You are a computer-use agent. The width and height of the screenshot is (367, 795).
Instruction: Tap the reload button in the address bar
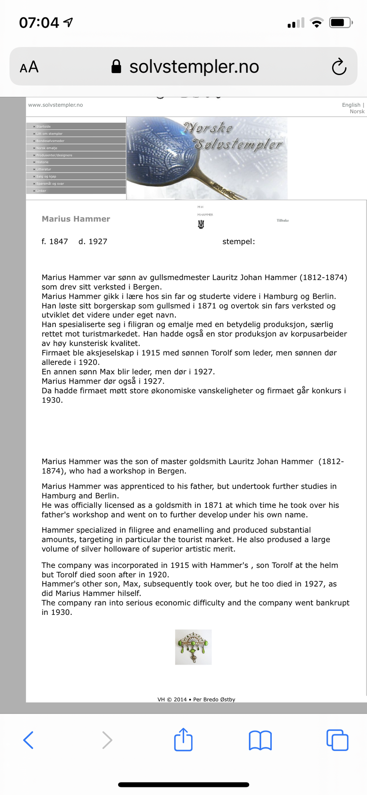[339, 67]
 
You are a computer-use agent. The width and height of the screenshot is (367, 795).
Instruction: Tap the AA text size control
[29, 67]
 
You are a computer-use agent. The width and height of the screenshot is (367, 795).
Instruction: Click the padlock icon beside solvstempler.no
[116, 67]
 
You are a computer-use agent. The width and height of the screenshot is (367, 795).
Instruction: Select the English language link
[351, 105]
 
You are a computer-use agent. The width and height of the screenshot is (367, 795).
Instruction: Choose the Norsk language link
[357, 112]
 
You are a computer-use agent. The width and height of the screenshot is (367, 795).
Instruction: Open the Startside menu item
[43, 127]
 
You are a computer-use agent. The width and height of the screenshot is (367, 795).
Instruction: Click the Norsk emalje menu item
[47, 148]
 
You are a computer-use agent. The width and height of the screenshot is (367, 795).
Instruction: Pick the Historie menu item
[42, 162]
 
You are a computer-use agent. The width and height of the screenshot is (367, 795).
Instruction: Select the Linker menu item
[41, 191]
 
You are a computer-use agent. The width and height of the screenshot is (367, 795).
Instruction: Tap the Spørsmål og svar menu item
[50, 184]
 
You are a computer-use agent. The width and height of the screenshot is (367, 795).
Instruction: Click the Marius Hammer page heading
[76, 219]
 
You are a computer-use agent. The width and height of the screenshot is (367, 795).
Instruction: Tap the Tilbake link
[283, 221]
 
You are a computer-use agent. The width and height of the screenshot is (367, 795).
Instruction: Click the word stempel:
[239, 242]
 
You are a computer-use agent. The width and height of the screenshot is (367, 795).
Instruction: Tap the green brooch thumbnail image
[193, 647]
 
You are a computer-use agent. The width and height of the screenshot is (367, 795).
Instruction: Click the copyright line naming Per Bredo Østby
[196, 699]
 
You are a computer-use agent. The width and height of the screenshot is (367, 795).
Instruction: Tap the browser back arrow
[29, 740]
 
